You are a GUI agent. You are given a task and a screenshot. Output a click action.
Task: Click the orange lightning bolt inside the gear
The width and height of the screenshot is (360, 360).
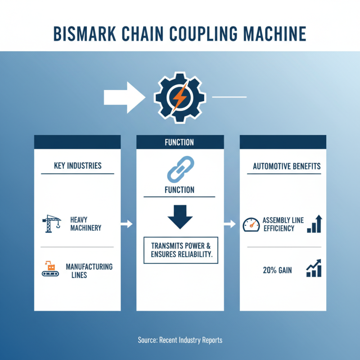tap(180, 96)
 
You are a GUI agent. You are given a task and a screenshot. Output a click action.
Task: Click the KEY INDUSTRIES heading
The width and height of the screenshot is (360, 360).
tap(77, 166)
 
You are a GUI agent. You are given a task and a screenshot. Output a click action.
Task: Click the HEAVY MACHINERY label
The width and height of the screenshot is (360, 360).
tap(85, 224)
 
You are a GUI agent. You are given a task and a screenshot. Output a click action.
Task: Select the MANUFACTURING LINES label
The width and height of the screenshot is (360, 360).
tap(89, 270)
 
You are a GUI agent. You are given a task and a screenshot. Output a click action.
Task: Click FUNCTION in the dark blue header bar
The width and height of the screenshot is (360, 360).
tap(180, 142)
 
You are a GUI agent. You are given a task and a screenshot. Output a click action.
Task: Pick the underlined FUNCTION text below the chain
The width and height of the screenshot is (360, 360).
tap(180, 190)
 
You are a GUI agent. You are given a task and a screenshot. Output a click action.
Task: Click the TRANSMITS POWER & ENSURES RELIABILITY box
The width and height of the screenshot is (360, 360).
tap(180, 250)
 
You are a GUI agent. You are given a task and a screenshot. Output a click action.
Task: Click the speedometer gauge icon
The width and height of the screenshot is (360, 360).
tap(251, 224)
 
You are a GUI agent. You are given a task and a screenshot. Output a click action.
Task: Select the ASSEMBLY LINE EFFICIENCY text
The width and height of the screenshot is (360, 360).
tap(283, 224)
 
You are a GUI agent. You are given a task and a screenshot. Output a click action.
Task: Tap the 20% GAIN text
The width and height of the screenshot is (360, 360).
tap(277, 270)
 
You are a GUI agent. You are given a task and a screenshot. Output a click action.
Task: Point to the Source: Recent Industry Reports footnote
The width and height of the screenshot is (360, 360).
tap(180, 340)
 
